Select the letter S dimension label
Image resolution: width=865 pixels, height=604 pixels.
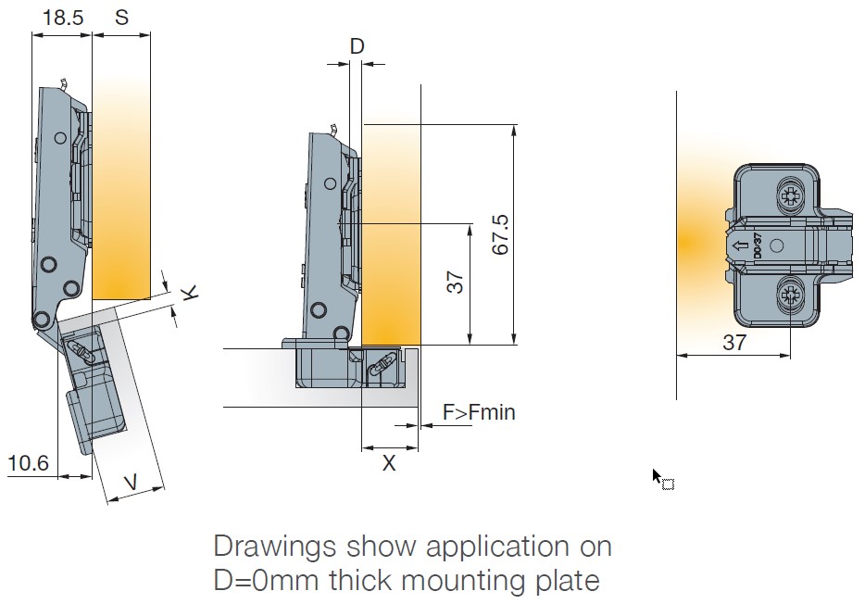(122, 18)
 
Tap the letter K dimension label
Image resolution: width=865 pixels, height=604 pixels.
(189, 294)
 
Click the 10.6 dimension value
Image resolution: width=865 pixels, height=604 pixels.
(28, 462)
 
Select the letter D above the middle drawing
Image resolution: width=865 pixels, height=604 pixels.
(357, 45)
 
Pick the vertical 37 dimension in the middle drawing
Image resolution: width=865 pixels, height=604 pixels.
(456, 283)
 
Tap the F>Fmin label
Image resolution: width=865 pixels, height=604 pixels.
(478, 411)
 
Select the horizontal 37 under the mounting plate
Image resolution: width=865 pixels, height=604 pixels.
(733, 342)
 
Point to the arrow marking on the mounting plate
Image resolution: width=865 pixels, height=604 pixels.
(740, 247)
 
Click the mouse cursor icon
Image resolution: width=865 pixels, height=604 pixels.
(658, 477)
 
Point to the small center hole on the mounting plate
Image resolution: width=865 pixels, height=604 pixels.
(776, 245)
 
